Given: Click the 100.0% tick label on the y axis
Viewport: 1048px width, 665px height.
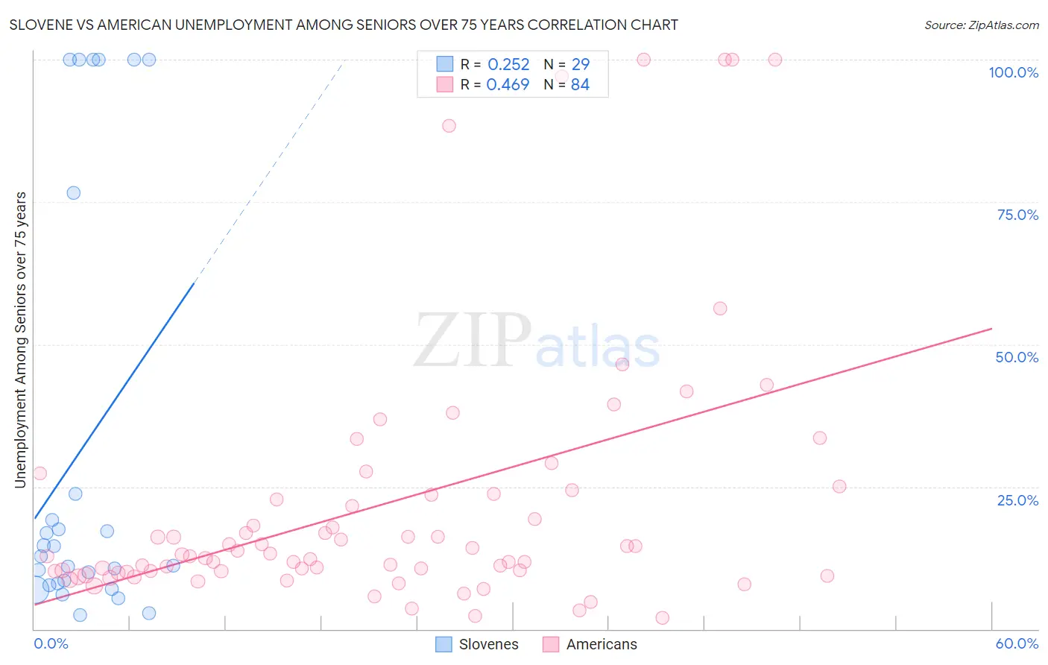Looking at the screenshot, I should [x=1013, y=72].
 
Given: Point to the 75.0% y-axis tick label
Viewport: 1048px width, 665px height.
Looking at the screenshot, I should [x=1017, y=215].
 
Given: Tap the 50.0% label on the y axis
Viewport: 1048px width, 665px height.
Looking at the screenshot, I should [x=1017, y=357].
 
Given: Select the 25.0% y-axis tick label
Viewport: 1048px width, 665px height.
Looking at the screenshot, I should [x=1017, y=500].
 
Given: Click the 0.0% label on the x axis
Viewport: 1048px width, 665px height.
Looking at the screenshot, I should [x=51, y=643].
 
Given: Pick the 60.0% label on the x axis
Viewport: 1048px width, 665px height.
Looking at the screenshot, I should [x=1017, y=643].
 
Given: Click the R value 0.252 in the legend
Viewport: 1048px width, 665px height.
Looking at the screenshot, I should [x=508, y=65].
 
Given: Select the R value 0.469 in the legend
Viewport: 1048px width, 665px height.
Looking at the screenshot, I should [x=508, y=85].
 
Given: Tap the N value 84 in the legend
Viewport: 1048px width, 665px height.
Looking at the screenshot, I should [x=580, y=85].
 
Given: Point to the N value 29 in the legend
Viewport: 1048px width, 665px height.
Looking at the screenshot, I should [x=580, y=65].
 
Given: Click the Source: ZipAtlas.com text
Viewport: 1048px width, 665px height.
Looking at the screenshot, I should [x=981, y=25].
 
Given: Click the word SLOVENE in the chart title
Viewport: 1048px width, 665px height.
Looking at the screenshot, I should [x=41, y=25].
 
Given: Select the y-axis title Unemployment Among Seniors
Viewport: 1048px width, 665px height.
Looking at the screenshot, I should [x=21, y=340].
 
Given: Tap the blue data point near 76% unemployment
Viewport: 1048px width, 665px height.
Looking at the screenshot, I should [x=74, y=193].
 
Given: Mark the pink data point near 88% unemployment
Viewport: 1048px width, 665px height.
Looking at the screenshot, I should [x=449, y=126].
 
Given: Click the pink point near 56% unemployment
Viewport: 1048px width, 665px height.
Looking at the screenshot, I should [x=720, y=309].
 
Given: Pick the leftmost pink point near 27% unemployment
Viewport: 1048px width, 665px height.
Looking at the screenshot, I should [x=40, y=473].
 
